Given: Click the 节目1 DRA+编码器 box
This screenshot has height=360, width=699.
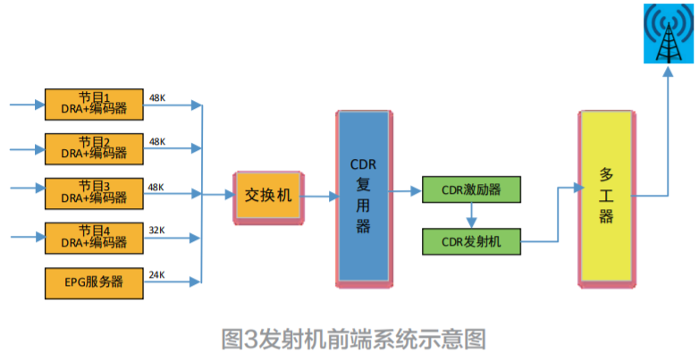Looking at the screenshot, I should (x=94, y=104).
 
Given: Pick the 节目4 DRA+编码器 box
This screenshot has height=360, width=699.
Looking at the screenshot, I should (x=94, y=237).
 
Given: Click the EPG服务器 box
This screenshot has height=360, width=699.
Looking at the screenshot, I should (x=94, y=281).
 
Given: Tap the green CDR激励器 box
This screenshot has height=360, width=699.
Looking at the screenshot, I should (x=471, y=190).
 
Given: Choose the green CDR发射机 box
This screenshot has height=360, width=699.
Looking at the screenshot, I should (x=471, y=240).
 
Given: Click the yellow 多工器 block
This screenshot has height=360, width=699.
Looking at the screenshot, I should (x=608, y=197).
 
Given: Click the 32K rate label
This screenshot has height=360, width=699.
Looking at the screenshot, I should (x=157, y=230).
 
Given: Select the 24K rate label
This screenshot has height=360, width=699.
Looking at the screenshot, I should (x=157, y=274).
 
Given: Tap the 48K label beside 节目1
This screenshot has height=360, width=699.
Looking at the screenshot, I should (x=157, y=97).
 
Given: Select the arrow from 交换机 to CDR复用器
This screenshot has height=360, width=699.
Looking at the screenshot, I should (x=317, y=195).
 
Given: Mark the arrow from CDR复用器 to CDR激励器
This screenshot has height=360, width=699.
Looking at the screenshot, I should (x=407, y=190).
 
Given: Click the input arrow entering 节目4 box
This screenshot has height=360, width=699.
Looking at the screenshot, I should (x=27, y=237).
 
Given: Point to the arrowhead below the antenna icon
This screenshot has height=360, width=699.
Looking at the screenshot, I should (x=667, y=73).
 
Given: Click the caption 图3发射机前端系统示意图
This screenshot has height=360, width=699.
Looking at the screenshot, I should (x=354, y=339).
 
